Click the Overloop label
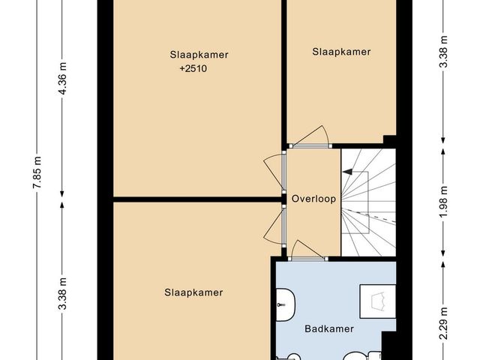313,199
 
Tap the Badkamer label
329,329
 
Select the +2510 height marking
193,68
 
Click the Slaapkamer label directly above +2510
199,55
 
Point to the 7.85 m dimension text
37,172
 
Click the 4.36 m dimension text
62,78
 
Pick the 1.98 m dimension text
444,202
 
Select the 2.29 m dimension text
444,323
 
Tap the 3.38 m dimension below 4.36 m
62,293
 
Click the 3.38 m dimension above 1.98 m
444,52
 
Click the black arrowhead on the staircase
347,172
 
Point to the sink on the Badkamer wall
285,304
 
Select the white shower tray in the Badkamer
378,301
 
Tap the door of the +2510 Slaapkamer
273,173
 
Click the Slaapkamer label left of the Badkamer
193,292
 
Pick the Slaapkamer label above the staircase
341,52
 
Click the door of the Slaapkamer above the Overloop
310,137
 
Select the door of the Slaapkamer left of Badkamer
273,226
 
